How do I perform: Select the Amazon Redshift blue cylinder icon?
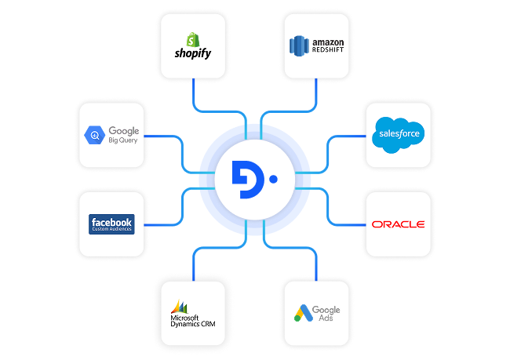(x=299, y=47)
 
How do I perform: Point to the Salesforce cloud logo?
(x=399, y=133)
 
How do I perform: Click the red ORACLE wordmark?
(x=399, y=224)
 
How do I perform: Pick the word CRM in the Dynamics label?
(x=206, y=324)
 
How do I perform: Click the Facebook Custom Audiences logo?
(x=111, y=224)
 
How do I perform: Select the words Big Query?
(x=122, y=141)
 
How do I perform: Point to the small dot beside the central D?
(x=272, y=179)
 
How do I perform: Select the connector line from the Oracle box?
(x=345, y=224)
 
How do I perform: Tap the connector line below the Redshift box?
(x=316, y=94)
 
